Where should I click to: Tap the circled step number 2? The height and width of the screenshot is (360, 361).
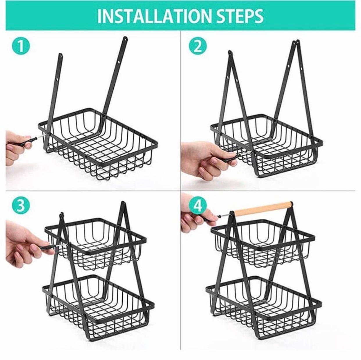(x=198, y=46)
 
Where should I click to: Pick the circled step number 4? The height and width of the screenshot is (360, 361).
(x=198, y=206)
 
